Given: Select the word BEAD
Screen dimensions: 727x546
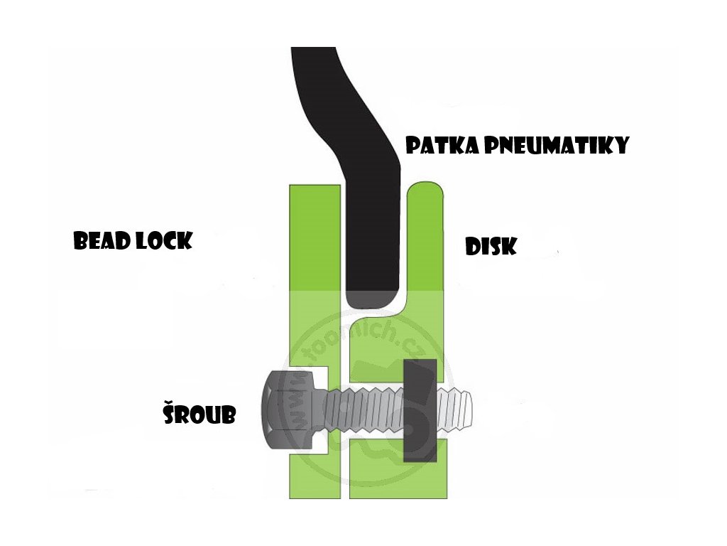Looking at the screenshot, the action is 100,241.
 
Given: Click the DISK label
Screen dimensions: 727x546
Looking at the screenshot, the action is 491,247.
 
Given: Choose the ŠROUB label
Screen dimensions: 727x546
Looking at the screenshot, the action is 199,412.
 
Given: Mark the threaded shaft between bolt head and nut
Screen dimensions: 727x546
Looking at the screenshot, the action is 362,411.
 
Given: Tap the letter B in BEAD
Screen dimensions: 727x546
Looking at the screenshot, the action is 82,241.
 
